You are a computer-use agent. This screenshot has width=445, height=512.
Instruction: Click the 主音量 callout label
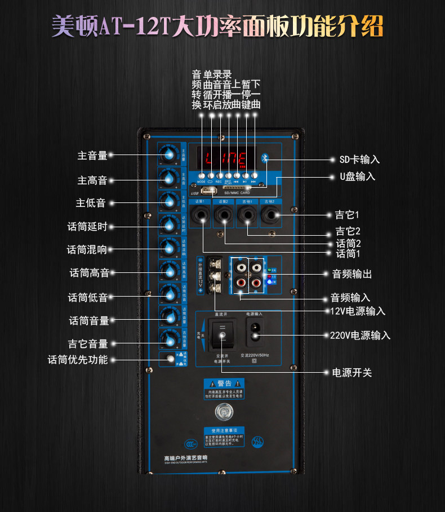[92, 156]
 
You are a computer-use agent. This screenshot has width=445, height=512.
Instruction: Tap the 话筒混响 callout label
[87, 249]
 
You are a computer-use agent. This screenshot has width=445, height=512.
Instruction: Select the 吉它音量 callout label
[88, 343]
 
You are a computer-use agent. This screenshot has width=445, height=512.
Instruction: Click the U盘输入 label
[357, 176]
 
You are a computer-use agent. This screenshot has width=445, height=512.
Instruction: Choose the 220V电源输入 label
[360, 336]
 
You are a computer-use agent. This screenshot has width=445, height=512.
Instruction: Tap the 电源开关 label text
[352, 373]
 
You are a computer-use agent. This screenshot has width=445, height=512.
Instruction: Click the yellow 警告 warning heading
[224, 383]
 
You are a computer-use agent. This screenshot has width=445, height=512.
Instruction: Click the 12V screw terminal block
[215, 276]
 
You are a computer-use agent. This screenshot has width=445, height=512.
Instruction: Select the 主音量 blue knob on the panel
[168, 154]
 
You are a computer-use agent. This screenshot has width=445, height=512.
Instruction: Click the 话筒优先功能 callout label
[78, 359]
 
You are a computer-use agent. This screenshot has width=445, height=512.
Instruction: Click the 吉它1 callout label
[347, 215]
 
